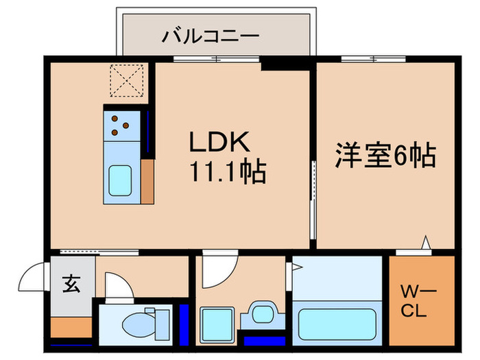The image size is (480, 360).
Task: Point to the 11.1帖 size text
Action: pyautogui.click(x=226, y=171)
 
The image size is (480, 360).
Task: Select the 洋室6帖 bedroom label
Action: pyautogui.click(x=385, y=156)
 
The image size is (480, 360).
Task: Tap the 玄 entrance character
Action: pyautogui.click(x=71, y=282)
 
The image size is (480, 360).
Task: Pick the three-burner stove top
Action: pyautogui.click(x=121, y=123)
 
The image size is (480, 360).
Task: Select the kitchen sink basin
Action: pyautogui.click(x=122, y=181)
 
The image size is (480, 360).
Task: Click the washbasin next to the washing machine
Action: pyautogui.click(x=261, y=314)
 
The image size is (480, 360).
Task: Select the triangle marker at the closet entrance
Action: pyautogui.click(x=425, y=242)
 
